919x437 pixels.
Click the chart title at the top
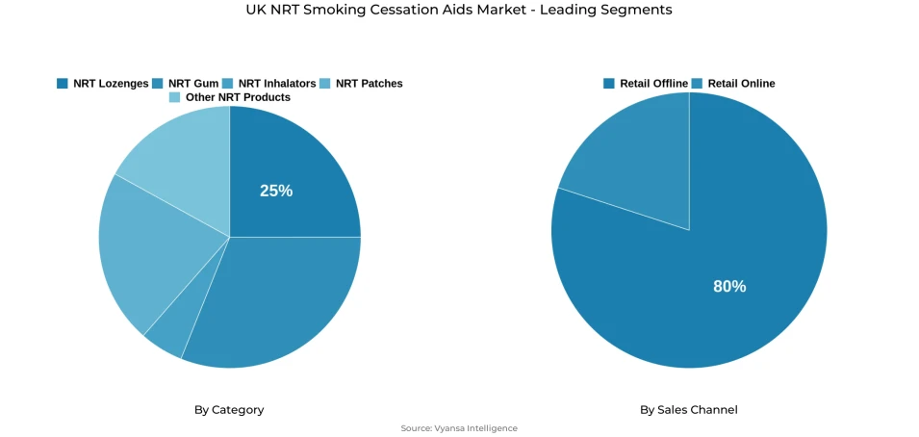coord(459,10)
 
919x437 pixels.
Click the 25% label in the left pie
coord(276,191)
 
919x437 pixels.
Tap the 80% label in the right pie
coord(729,286)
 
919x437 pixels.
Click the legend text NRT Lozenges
coord(111,84)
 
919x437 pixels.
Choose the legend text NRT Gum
coord(193,84)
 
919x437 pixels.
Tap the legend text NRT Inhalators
coord(276,84)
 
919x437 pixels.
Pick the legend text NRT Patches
coord(369,84)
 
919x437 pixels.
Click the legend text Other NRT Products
coord(238,97)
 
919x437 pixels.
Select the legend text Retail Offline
coord(653,84)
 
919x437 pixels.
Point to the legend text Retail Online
coord(741,84)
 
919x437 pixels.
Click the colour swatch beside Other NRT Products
coord(174,97)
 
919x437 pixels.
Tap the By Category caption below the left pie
coord(229,410)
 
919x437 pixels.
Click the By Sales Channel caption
coord(689,410)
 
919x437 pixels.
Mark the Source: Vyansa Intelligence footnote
coord(459,428)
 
